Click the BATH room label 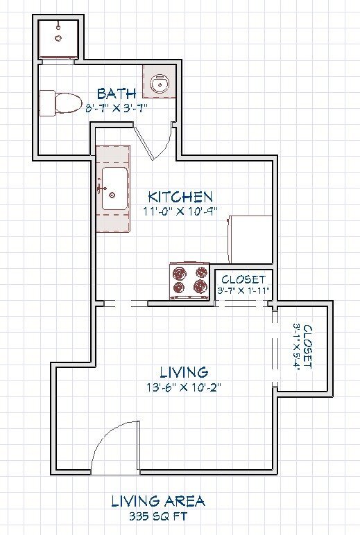click(117, 93)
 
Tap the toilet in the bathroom click(61, 103)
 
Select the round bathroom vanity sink click(158, 84)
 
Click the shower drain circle click(58, 38)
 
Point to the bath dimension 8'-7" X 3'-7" click(117, 109)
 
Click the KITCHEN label click(180, 197)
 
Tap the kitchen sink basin click(115, 188)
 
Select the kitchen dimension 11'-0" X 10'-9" click(180, 211)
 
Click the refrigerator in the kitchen click(250, 239)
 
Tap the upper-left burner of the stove click(180, 273)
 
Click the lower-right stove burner click(200, 286)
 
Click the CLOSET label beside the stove click(243, 279)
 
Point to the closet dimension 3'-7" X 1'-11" click(243, 290)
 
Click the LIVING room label click(184, 372)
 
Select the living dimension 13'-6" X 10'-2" click(184, 387)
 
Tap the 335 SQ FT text click(158, 516)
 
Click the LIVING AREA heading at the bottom click(158, 501)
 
